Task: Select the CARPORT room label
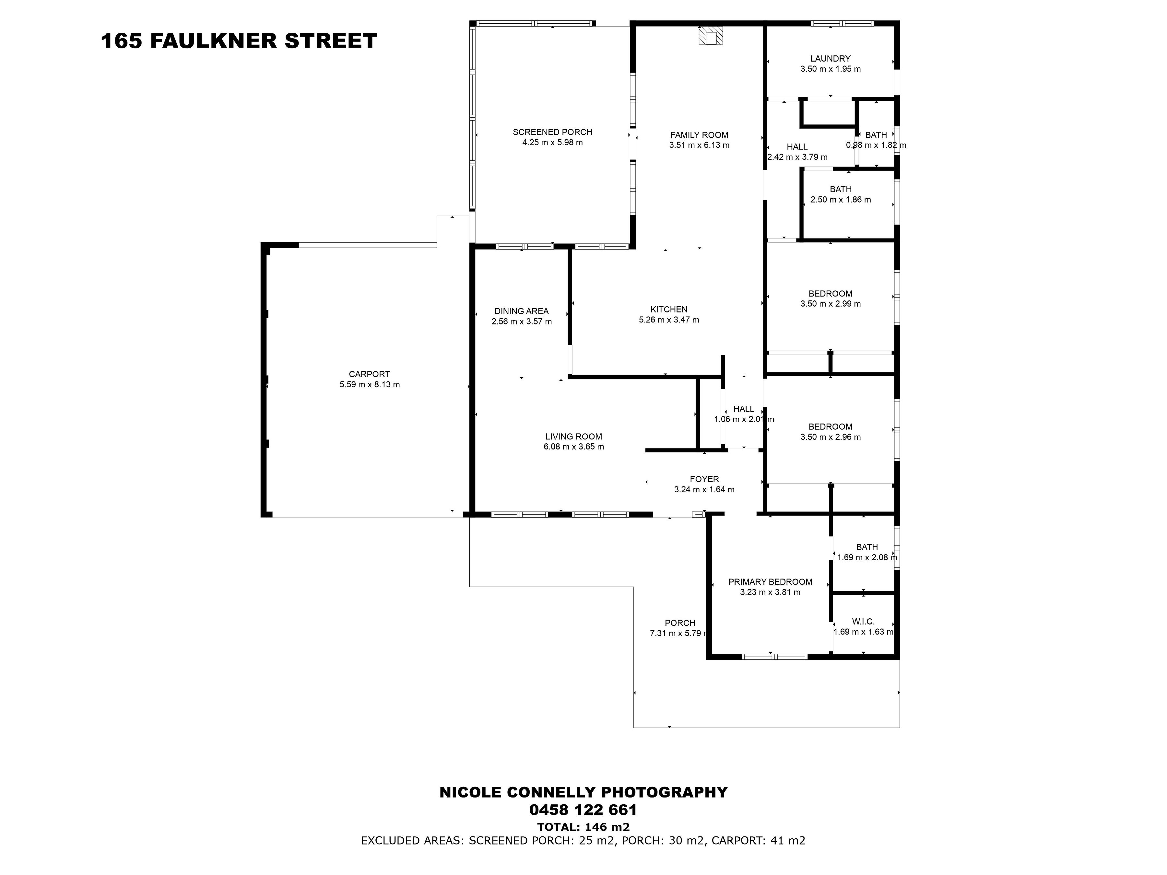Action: click(x=369, y=374)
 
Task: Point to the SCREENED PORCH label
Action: click(x=552, y=132)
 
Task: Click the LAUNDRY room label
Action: click(x=831, y=59)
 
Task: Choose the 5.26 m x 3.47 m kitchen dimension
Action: click(x=669, y=320)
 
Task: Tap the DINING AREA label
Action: click(x=521, y=311)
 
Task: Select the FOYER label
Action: click(x=704, y=479)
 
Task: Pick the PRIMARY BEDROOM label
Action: click(x=770, y=582)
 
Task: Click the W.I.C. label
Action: click(x=863, y=622)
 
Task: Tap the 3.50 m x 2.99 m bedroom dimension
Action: click(x=831, y=304)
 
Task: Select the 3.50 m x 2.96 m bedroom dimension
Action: click(x=831, y=437)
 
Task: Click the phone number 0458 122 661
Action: click(x=583, y=810)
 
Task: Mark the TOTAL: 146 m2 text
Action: click(x=583, y=827)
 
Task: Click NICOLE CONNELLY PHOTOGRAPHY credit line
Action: click(x=583, y=792)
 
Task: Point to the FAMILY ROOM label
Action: click(x=699, y=135)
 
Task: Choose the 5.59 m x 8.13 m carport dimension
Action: click(x=369, y=384)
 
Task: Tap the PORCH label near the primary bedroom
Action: click(x=680, y=623)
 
